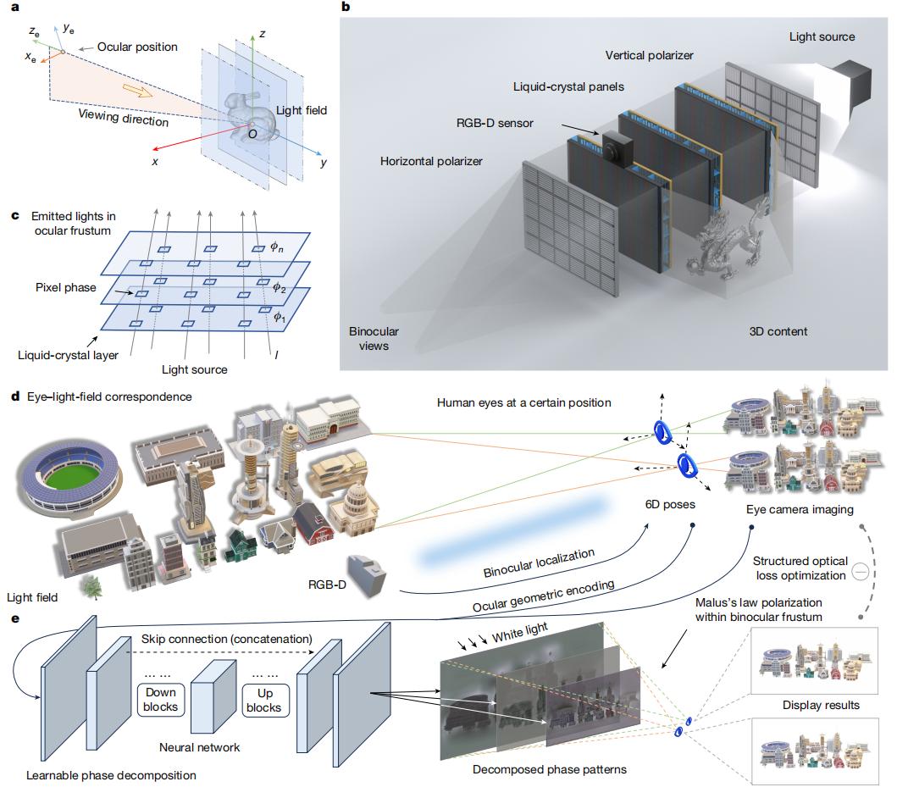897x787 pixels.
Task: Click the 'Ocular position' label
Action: point(136,47)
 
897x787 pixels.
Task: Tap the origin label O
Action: point(251,134)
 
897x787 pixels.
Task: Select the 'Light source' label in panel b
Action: point(822,36)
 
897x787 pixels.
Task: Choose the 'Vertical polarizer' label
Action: point(650,56)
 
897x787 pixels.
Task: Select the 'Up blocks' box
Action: point(263,700)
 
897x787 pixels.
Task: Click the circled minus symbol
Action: point(859,572)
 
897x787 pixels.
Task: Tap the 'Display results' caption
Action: point(820,705)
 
